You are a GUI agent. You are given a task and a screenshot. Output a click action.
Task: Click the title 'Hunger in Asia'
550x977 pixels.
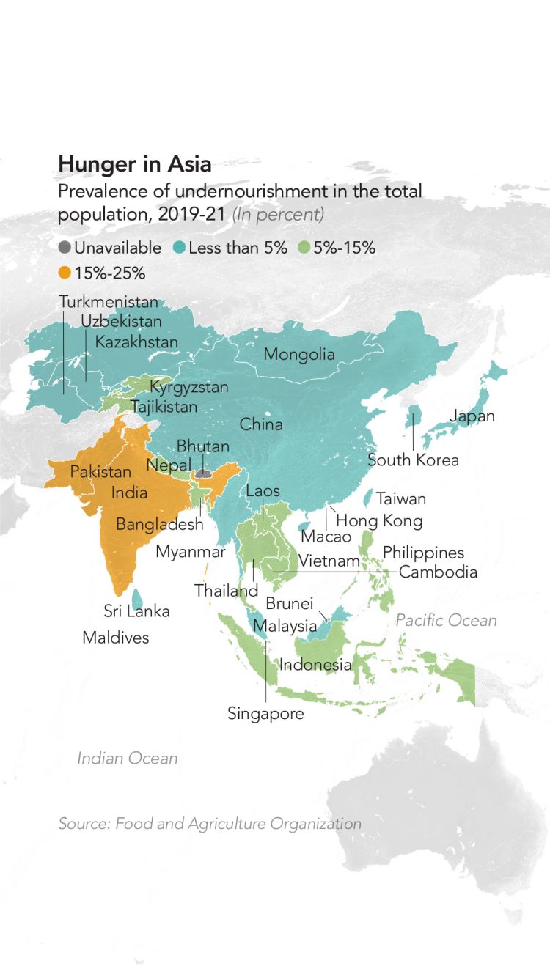tap(134, 163)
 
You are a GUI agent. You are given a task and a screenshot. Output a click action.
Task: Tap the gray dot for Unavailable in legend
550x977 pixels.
tap(65, 248)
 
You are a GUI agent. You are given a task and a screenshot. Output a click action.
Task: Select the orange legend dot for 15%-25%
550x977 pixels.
tap(65, 273)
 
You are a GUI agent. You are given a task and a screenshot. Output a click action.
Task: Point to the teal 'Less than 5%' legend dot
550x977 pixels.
tap(180, 248)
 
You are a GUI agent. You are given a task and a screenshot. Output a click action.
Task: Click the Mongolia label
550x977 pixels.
tap(298, 355)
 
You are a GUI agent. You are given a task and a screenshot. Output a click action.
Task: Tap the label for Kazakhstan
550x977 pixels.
tap(136, 342)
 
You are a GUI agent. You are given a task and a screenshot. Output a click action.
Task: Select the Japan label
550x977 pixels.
tap(472, 416)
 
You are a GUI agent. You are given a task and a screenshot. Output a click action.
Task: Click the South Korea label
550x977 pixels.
tap(413, 460)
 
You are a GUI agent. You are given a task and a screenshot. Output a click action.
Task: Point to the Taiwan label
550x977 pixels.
tap(400, 499)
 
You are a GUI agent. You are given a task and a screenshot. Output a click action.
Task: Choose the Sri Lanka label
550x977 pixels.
tap(136, 611)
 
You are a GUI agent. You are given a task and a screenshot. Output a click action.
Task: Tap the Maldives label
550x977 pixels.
tap(115, 638)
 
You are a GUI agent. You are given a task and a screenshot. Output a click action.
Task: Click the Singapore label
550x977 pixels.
tap(265, 714)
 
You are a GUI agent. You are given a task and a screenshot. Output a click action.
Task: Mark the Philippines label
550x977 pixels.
tap(423, 553)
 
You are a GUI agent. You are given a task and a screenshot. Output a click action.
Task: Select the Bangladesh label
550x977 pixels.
tap(159, 525)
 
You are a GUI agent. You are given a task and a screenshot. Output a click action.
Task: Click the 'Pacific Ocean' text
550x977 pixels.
tap(446, 621)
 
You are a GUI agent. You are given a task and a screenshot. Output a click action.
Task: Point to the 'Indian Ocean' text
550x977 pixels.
tap(128, 758)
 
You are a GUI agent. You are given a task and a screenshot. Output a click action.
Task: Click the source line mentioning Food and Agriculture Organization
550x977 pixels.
tap(210, 824)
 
